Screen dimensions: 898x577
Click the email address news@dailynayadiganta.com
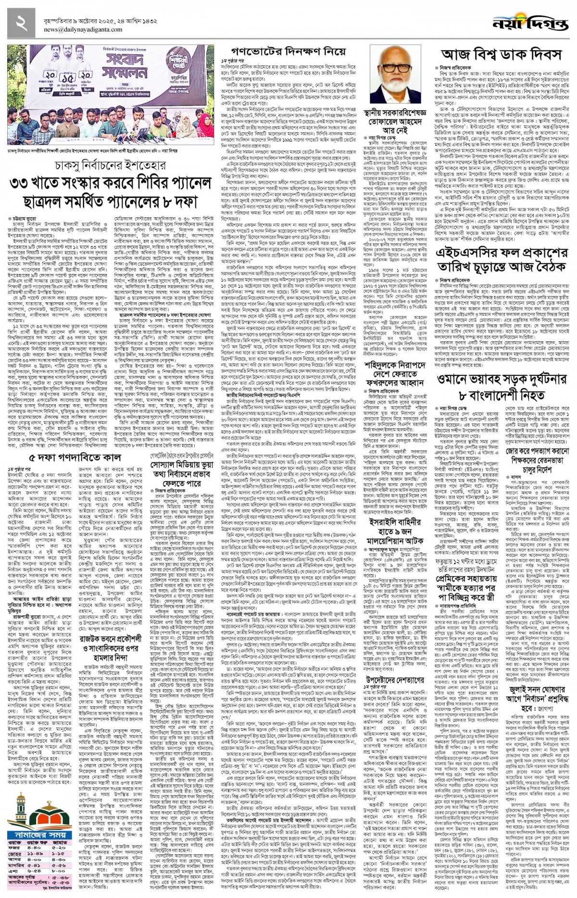pos(83,30)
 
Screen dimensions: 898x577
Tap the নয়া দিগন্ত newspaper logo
pos(531,23)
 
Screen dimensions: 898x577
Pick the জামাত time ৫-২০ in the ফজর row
pos(60,847)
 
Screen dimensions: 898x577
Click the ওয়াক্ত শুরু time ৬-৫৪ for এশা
pos(34,871)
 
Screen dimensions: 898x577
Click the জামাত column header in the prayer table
pos(60,840)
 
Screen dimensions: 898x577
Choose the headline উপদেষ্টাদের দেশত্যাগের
pos(395,679)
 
